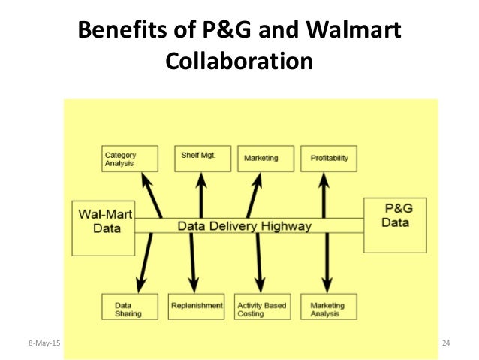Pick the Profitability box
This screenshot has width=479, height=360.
pos(329,157)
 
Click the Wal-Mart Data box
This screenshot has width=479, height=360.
pos(102,227)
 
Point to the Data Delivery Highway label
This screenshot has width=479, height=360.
pos(244,225)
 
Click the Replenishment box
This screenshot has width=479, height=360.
pos(197,306)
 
